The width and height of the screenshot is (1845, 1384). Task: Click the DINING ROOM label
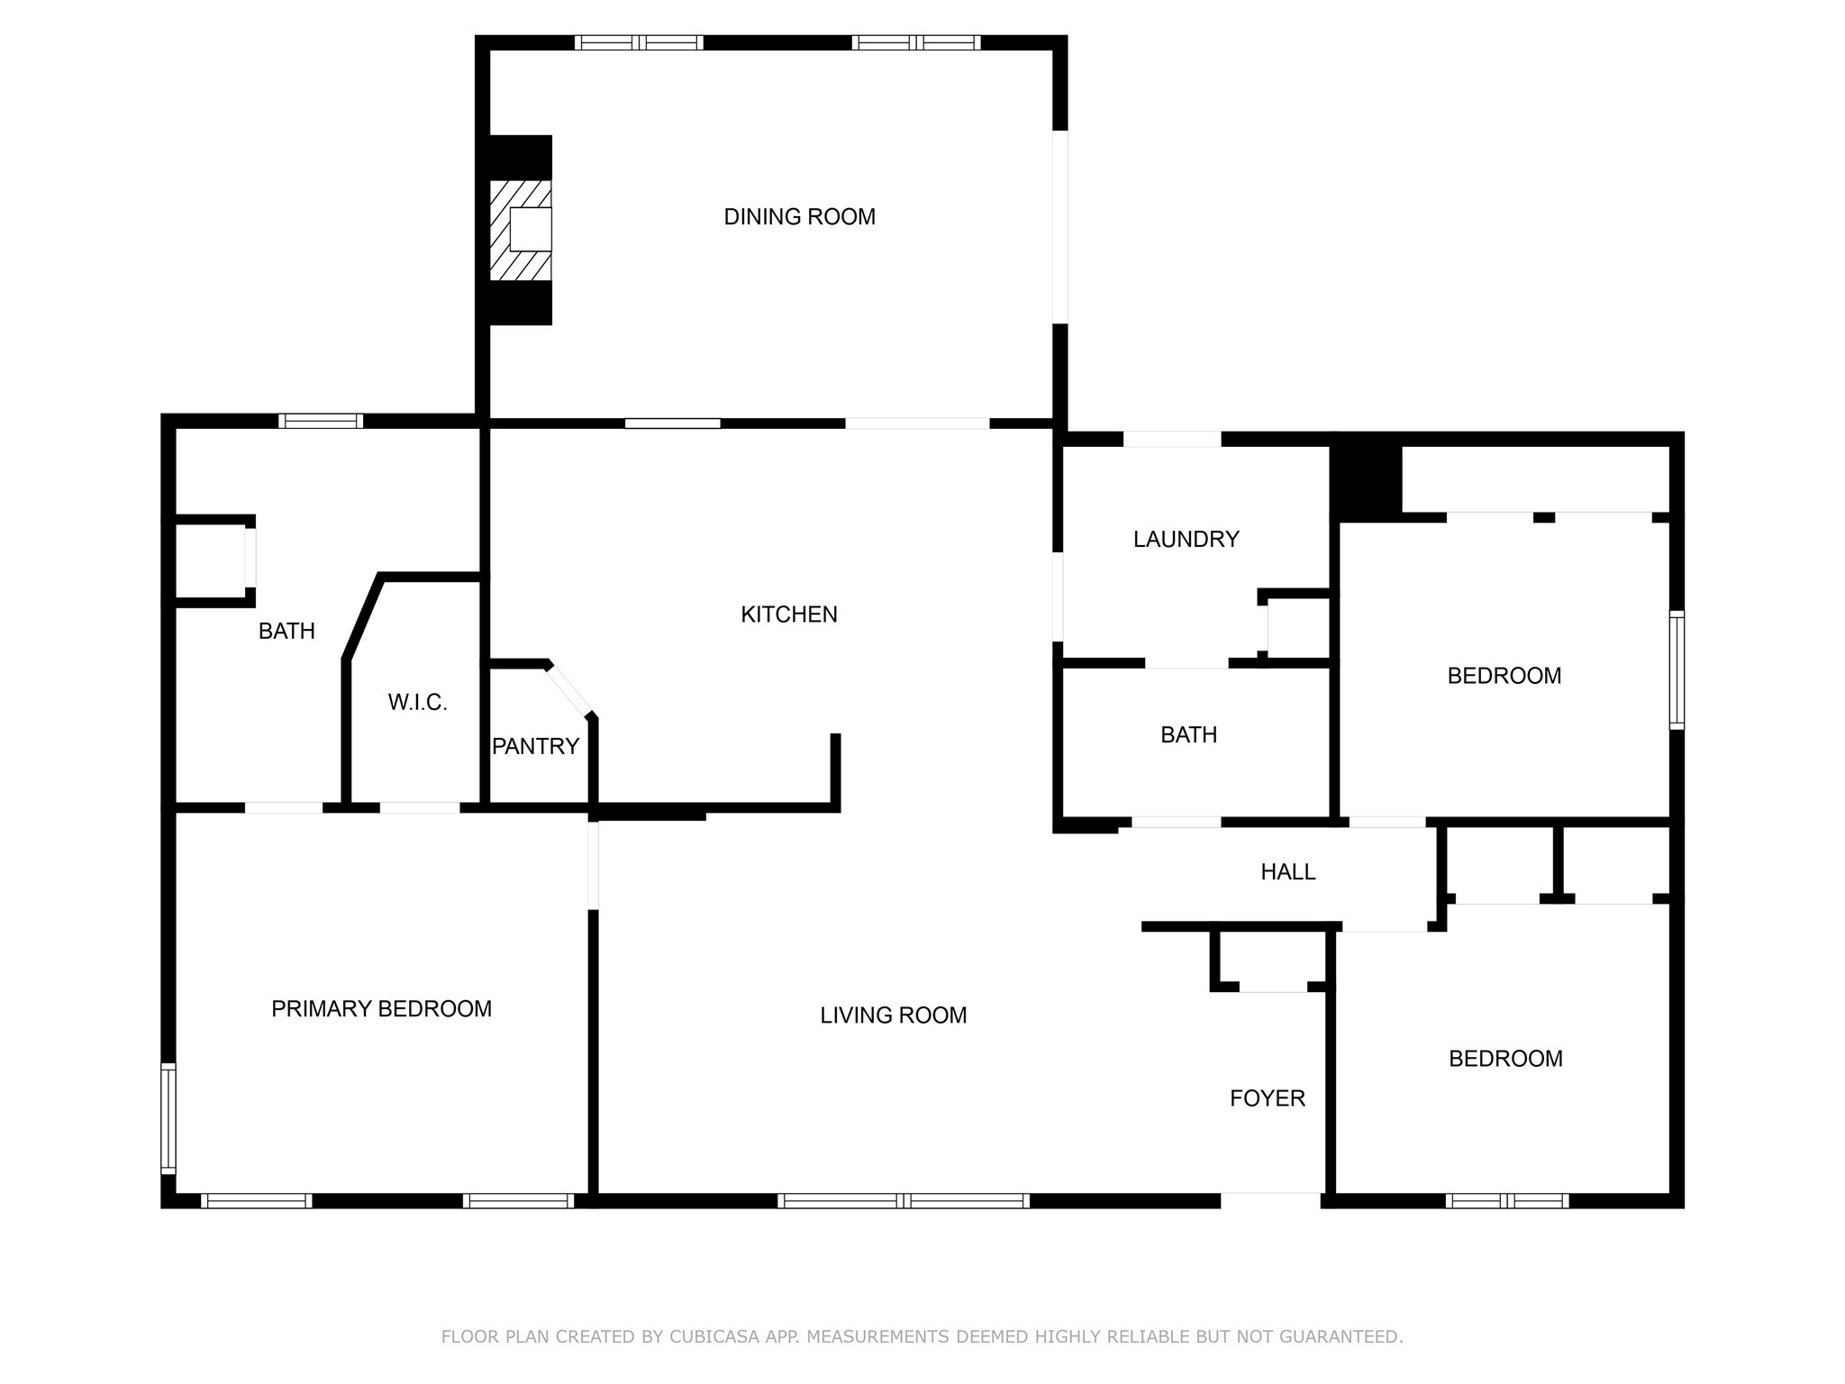pyautogui.click(x=799, y=217)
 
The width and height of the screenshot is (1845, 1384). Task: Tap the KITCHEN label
pyautogui.click(x=789, y=615)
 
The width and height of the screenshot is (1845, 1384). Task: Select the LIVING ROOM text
pyautogui.click(x=893, y=1015)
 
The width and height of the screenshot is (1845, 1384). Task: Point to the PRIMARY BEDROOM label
pyautogui.click(x=381, y=1009)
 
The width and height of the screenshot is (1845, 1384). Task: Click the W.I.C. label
pyautogui.click(x=417, y=703)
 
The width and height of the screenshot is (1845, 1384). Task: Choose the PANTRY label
pyautogui.click(x=535, y=746)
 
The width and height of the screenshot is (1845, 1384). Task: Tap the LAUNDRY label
pyautogui.click(x=1186, y=540)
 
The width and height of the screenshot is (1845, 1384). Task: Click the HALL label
pyautogui.click(x=1287, y=872)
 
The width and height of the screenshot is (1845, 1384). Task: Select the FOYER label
pyautogui.click(x=1268, y=1098)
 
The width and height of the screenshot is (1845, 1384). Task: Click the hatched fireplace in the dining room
pyautogui.click(x=520, y=230)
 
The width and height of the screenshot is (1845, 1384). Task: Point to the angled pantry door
pyautogui.click(x=570, y=690)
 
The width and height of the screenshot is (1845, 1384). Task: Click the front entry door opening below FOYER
pyautogui.click(x=1270, y=1200)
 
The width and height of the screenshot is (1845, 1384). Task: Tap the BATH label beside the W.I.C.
pyautogui.click(x=286, y=632)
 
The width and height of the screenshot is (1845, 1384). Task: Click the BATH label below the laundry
pyautogui.click(x=1188, y=735)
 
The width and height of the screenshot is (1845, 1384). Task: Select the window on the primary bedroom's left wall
pyautogui.click(x=168, y=1118)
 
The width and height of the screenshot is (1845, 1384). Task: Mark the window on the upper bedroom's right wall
pyautogui.click(x=1677, y=669)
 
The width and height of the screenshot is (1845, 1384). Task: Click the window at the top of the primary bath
pyautogui.click(x=321, y=421)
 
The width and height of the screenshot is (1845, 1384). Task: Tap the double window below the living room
pyautogui.click(x=904, y=1200)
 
